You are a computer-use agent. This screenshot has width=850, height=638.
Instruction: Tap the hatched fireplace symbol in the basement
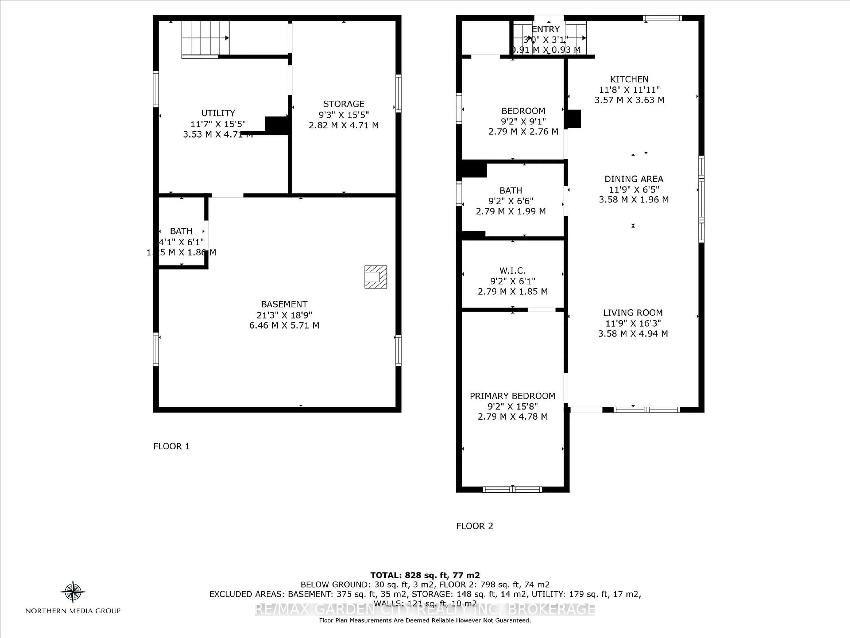(x=375, y=277)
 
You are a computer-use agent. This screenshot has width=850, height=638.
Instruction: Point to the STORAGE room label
(x=344, y=104)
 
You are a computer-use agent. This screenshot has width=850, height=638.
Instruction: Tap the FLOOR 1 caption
(x=171, y=446)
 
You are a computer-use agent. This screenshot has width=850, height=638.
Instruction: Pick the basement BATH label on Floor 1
(x=181, y=231)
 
